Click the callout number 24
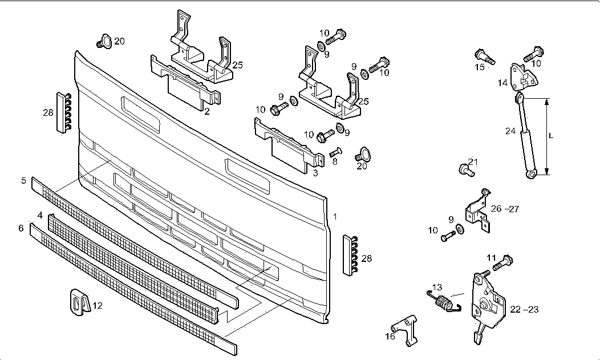(510, 131)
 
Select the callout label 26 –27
(505, 209)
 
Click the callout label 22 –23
(524, 309)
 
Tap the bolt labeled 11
(500, 264)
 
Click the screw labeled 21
(466, 169)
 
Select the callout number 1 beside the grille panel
(335, 217)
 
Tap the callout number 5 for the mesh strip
(23, 181)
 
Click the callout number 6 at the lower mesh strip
(21, 228)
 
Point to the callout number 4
(40, 215)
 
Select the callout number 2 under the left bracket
(207, 112)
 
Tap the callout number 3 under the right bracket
(315, 172)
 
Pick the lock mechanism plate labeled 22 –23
(486, 301)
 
